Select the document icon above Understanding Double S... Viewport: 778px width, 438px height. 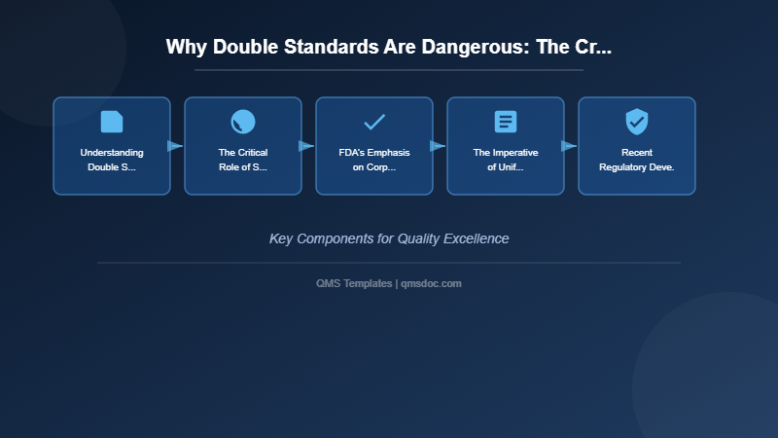(x=112, y=122)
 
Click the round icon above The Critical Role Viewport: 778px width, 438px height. (x=243, y=122)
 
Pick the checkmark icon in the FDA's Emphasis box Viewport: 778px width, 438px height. (x=374, y=122)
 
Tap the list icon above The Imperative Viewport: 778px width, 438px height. (x=506, y=122)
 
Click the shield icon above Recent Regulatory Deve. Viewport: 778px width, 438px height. (x=637, y=122)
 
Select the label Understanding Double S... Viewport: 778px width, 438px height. (x=112, y=160)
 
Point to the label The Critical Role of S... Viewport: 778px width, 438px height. (x=243, y=160)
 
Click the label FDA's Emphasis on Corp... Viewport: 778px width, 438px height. (x=374, y=160)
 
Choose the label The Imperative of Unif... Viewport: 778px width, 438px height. (x=506, y=160)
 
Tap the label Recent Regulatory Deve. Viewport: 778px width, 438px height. (x=637, y=160)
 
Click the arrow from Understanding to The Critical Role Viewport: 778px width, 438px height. (x=175, y=146)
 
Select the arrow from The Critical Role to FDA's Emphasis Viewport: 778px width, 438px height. (x=306, y=146)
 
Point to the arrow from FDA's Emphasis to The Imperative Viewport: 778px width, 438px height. (x=438, y=146)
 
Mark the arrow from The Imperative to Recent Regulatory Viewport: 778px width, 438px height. (x=569, y=146)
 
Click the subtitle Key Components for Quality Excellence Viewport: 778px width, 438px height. (x=389, y=238)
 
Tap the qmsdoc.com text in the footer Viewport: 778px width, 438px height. (x=431, y=283)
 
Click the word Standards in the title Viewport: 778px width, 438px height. (x=337, y=47)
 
